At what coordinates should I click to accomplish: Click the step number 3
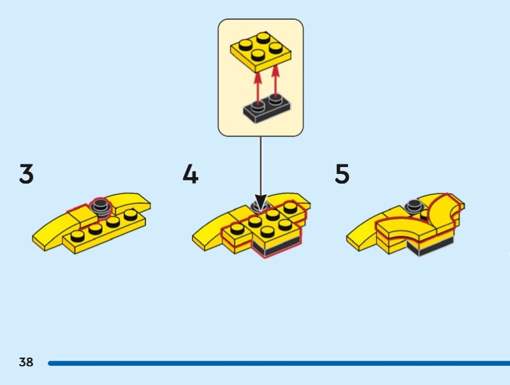coord(26,174)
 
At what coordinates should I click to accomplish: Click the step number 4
coord(191,174)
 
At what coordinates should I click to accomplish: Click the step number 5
coord(342,174)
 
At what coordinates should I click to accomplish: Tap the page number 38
coord(26,362)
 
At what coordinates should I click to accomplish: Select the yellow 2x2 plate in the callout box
coord(261,52)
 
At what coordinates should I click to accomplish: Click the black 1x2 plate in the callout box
coord(267,110)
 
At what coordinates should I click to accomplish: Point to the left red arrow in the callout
coord(258,89)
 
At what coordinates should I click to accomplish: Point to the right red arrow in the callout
coord(275,82)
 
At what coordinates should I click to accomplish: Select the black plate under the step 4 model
coord(277,247)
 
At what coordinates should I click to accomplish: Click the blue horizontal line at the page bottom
coord(279,363)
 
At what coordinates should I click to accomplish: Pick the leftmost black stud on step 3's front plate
coord(77,236)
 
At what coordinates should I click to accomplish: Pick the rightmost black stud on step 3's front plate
coord(131,215)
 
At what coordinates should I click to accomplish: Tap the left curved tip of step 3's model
coord(34,239)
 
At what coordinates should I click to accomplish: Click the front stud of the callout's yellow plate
coord(258,55)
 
